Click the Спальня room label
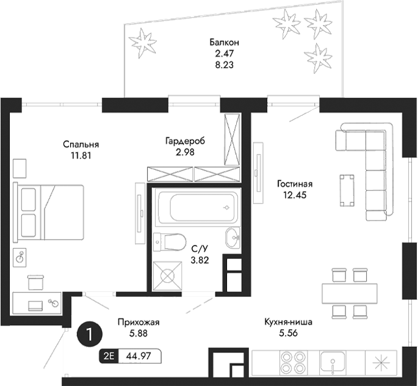click(x=81, y=145)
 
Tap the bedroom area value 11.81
click(x=81, y=155)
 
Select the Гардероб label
click(x=184, y=141)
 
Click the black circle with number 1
click(x=90, y=335)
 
